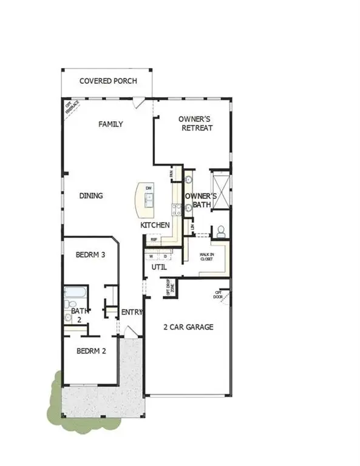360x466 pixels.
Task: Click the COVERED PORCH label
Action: coord(109,81)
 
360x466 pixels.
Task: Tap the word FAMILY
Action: coord(111,124)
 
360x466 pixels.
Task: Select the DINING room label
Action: coord(91,196)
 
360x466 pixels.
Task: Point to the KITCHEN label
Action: coord(155,225)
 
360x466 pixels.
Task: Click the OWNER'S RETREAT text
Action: coord(195,124)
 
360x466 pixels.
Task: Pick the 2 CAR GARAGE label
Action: coord(188,328)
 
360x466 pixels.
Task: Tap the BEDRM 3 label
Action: coord(91,255)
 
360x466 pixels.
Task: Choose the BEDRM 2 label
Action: coord(91,351)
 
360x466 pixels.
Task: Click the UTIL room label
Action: coord(158,267)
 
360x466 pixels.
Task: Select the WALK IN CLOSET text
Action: coord(207,257)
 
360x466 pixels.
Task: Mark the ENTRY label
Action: coord(132,312)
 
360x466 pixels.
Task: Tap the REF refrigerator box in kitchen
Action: coord(154,240)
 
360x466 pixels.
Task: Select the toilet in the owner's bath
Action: coord(221,231)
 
